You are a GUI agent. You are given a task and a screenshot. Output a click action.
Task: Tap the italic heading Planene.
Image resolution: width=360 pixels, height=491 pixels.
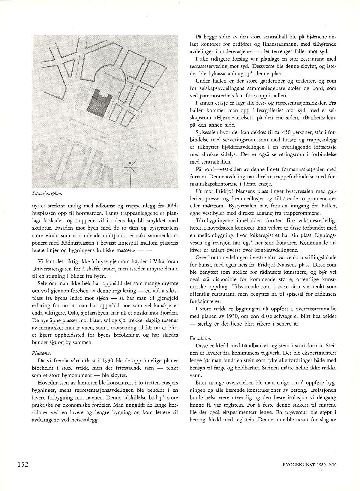pyautogui.click(x=41, y=354)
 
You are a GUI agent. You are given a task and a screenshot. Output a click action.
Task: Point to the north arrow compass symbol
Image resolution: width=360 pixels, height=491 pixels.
pyautogui.click(x=130, y=170)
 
